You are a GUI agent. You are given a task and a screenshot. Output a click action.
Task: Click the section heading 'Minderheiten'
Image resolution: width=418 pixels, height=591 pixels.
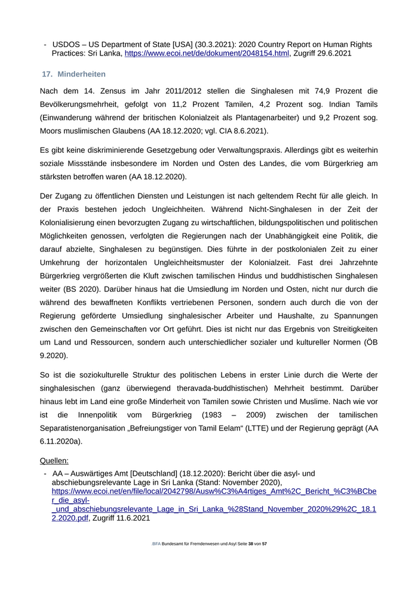(82, 74)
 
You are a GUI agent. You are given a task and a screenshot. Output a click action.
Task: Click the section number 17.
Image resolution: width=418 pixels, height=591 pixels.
(47, 74)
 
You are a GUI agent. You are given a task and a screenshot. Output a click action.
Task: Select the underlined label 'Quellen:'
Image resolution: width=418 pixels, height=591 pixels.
(54, 461)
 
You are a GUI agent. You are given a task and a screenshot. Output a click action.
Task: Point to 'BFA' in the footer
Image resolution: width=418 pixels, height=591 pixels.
(156, 544)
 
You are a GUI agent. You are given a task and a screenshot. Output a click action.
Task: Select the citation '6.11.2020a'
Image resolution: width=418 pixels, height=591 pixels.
(62, 441)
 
